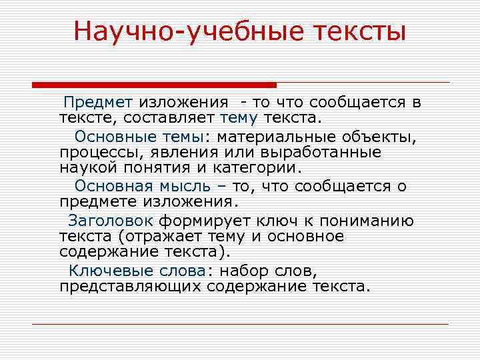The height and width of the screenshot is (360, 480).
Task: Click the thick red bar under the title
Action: [x=154, y=85]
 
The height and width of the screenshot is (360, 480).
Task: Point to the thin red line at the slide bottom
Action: [x=240, y=324]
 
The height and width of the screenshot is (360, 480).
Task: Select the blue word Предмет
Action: [x=98, y=102]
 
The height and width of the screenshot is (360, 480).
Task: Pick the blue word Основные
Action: [x=107, y=137]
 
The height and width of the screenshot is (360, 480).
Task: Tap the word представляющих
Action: [x=130, y=287]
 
